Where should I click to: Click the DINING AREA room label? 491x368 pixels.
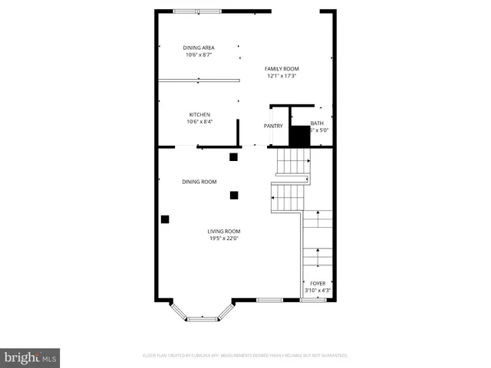tap(199, 48)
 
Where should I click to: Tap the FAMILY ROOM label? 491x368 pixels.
tap(282, 68)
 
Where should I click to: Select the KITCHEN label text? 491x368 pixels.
tap(199, 114)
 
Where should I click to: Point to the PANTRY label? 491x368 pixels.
tap(273, 126)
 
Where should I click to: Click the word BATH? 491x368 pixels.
tap(317, 123)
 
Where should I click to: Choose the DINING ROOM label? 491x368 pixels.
tap(199, 182)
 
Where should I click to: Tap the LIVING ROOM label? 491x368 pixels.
tap(224, 231)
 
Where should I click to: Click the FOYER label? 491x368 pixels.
tap(317, 284)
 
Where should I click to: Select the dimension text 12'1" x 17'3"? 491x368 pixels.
tap(282, 76)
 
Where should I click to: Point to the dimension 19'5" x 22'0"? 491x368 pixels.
tap(224, 238)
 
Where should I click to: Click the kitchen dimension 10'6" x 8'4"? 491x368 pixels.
tap(199, 121)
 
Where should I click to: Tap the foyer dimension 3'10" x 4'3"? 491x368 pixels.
tap(317, 291)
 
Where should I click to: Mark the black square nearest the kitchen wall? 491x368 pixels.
tap(233, 157)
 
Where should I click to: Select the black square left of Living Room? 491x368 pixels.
tap(165, 219)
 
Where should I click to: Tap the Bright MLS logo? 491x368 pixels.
tap(31, 357)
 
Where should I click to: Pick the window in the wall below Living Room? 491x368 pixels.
tap(269, 299)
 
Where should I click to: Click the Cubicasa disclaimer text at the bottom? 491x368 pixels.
tap(245, 356)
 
